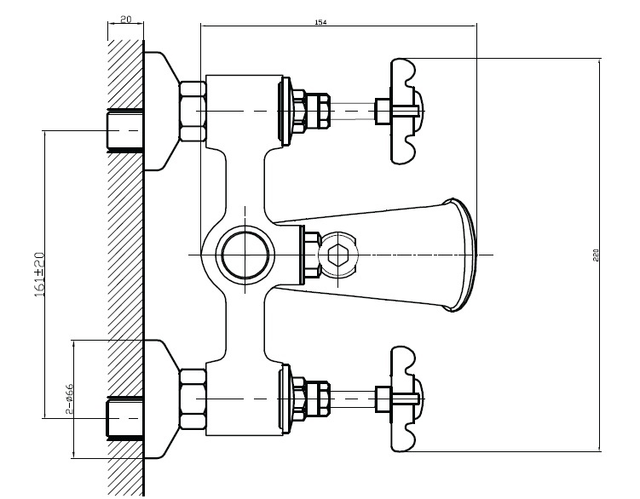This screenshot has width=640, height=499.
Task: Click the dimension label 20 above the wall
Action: click(x=125, y=19)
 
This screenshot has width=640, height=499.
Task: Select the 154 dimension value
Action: click(x=320, y=23)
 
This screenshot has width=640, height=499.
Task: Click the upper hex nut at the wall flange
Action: click(x=193, y=111)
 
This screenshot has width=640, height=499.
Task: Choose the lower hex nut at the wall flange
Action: click(x=193, y=398)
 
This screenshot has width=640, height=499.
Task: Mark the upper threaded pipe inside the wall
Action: click(x=124, y=130)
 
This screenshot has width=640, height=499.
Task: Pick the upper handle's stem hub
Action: click(x=383, y=111)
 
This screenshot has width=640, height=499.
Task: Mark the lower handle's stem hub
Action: click(x=383, y=398)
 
